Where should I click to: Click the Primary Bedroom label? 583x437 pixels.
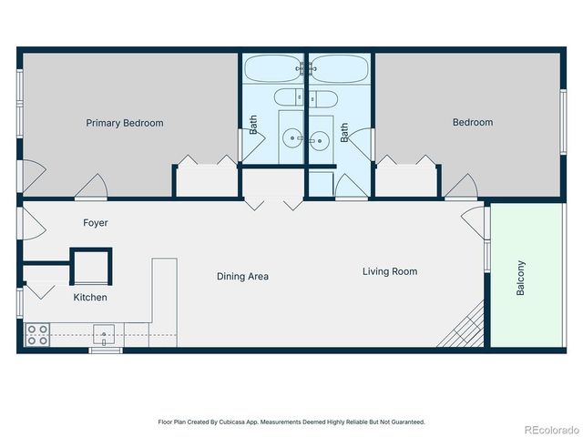click(x=125, y=123)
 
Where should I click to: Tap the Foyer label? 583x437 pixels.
click(x=96, y=223)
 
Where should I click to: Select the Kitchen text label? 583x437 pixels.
click(x=90, y=298)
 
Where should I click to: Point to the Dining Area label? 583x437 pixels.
click(x=242, y=277)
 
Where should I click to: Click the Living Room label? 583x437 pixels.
click(x=390, y=271)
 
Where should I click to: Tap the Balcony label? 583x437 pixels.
click(x=521, y=278)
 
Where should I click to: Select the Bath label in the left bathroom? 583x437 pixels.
click(x=254, y=125)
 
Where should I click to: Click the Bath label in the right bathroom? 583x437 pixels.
click(x=344, y=133)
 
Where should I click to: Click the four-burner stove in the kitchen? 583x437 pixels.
click(x=37, y=335)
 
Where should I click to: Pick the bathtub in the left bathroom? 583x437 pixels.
click(x=273, y=69)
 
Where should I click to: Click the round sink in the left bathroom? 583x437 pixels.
click(x=292, y=139)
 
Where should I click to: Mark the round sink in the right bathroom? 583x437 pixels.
click(x=319, y=139)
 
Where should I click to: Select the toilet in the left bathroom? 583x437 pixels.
click(x=290, y=97)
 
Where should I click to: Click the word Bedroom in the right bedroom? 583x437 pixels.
click(x=473, y=123)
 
